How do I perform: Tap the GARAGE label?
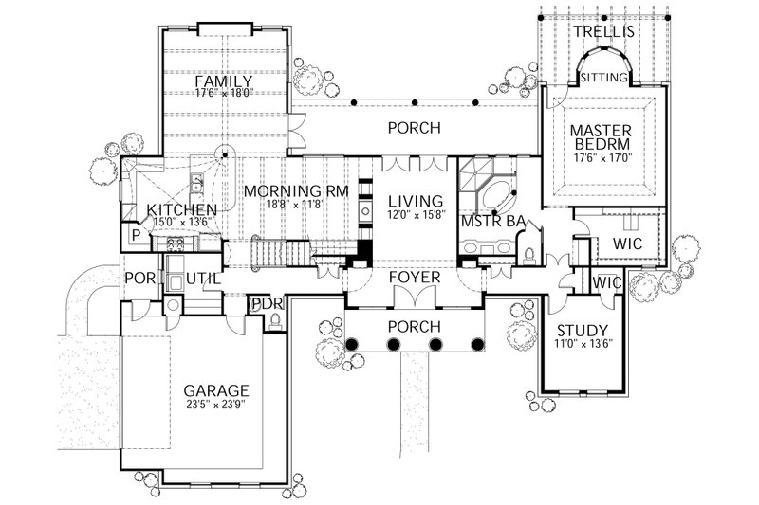217,389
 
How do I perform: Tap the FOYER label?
415,278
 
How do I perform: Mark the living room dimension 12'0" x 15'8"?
416,217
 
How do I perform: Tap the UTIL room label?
202,279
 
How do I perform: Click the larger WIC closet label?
627,244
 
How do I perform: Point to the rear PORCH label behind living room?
417,127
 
